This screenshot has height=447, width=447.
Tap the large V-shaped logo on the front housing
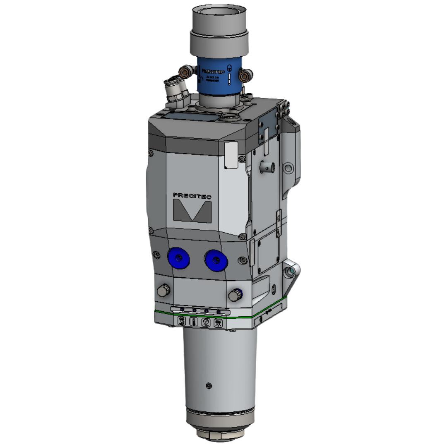click(x=192, y=211)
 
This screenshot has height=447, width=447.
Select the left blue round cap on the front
click(x=178, y=258)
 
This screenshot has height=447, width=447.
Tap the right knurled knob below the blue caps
click(x=236, y=296)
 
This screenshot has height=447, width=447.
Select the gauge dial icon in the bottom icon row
click(x=206, y=323)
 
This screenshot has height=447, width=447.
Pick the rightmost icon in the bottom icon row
click(x=218, y=324)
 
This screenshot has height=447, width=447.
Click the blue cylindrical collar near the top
click(x=218, y=76)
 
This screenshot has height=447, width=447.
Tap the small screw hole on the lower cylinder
click(x=209, y=385)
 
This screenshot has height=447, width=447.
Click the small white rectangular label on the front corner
click(x=231, y=156)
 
